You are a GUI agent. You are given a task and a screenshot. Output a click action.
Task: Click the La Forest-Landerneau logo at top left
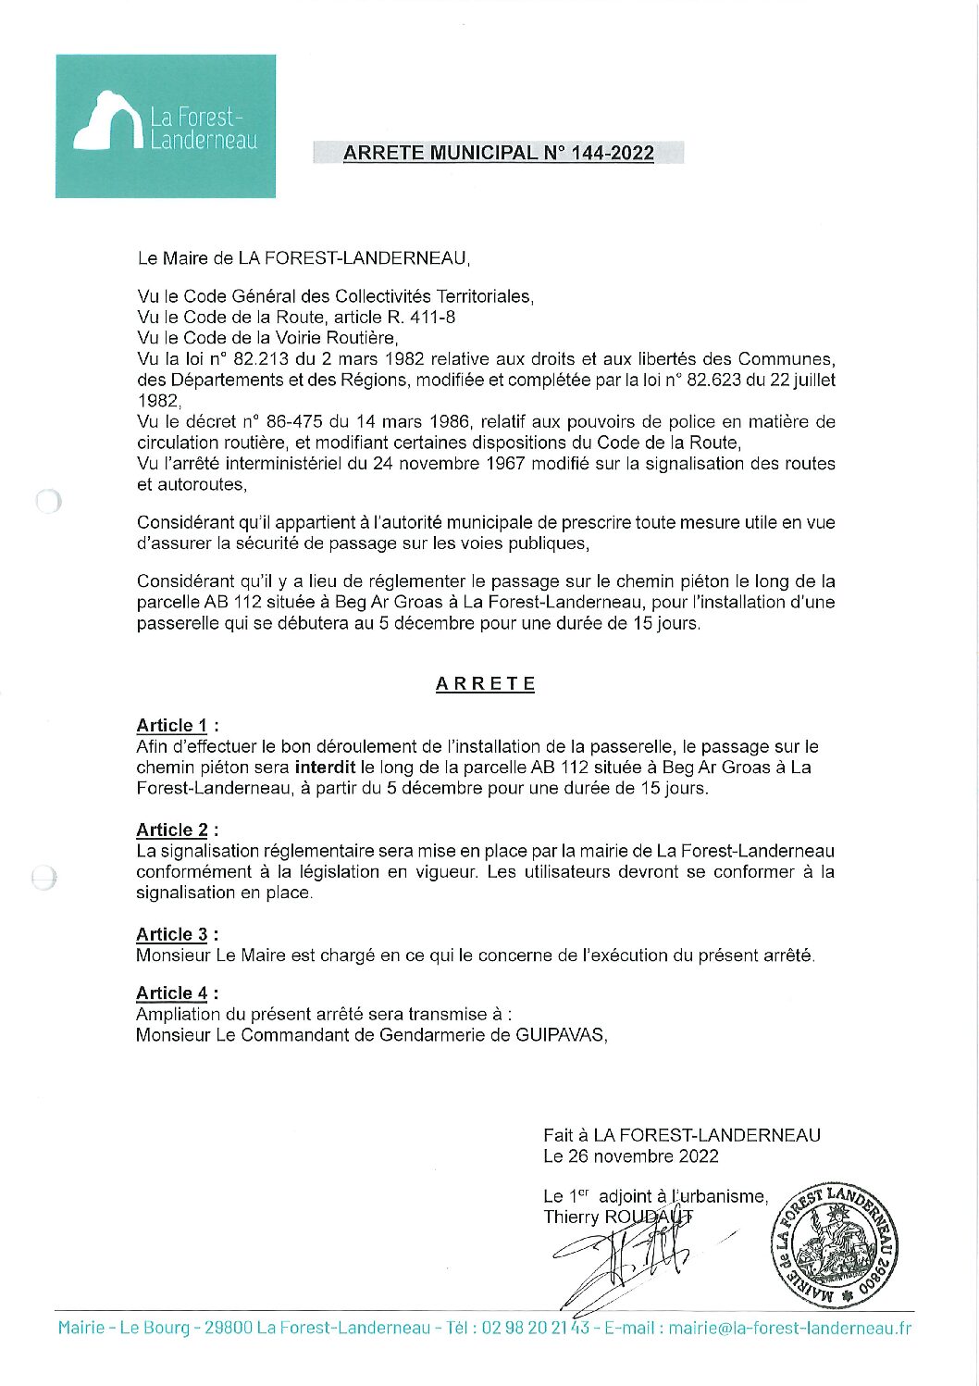[x=166, y=126]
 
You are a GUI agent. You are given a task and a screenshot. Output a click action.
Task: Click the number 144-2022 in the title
[x=613, y=154]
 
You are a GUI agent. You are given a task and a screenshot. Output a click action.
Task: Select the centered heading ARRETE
[x=486, y=684]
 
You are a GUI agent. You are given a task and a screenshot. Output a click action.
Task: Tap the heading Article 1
[x=172, y=726]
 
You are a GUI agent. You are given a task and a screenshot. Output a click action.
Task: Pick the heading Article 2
[x=172, y=830]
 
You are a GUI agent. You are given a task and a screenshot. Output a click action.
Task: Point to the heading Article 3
[x=172, y=935]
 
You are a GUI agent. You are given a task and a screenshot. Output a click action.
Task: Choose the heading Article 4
[x=172, y=993]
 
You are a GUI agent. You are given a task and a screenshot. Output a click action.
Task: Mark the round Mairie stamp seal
[x=835, y=1246]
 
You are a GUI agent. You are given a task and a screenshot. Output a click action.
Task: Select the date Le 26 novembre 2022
[x=631, y=1156]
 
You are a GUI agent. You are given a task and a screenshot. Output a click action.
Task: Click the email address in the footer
[x=789, y=1329]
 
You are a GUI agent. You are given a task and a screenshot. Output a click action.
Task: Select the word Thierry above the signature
[x=571, y=1217]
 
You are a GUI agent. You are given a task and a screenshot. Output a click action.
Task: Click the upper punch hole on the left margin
[x=48, y=502]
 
